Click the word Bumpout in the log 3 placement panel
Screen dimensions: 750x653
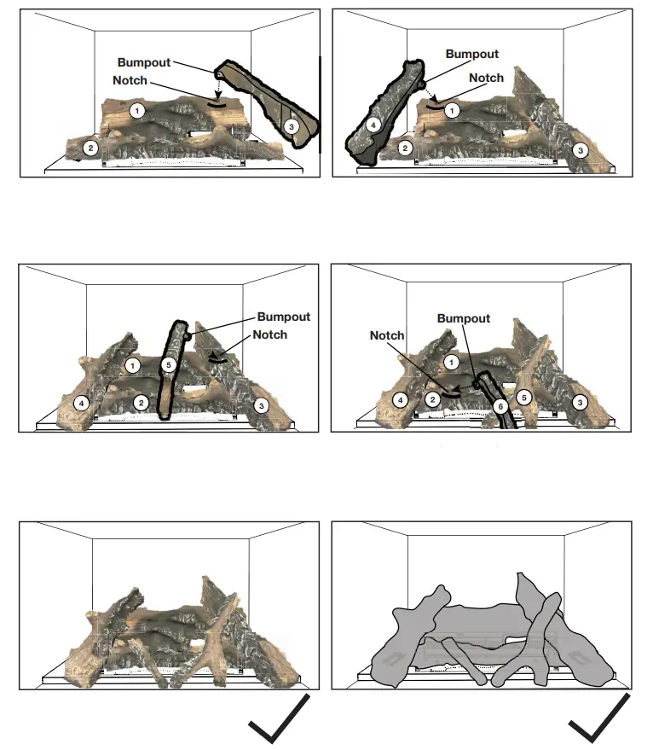144,63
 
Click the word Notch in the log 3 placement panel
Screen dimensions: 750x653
130,80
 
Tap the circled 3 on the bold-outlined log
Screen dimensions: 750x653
292,125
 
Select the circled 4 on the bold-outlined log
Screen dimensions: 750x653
371,125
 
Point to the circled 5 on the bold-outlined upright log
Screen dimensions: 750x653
169,364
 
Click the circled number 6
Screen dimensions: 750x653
500,407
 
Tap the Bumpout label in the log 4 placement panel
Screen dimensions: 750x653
471,54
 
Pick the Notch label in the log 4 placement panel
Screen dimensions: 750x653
487,78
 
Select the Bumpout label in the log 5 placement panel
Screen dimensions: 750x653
284,317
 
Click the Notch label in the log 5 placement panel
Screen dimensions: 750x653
270,334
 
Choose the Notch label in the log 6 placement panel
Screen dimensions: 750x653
387,335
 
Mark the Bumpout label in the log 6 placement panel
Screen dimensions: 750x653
464,318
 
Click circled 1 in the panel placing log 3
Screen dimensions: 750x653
136,110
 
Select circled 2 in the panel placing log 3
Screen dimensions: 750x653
91,148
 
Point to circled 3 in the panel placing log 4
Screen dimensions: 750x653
581,150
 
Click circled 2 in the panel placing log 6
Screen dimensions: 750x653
433,399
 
